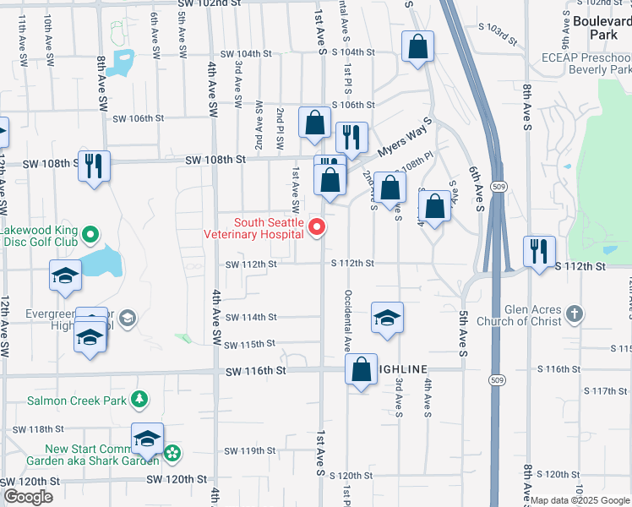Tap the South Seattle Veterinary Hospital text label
coord(256,228)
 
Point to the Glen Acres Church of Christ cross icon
coord(574,314)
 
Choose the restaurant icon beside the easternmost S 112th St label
coord(537,249)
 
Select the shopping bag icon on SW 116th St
coord(361,369)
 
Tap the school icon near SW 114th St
coord(387,318)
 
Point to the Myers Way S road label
coord(399,136)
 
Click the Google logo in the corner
coord(28,497)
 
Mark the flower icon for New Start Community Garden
coord(172,454)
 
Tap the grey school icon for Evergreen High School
coord(127,318)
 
